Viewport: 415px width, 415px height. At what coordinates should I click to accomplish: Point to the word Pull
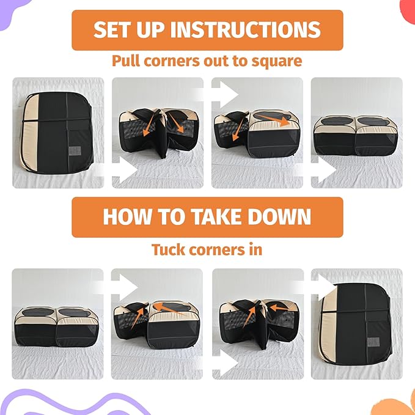[x=127, y=61]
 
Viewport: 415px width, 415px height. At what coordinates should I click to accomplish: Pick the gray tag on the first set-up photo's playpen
[x=76, y=152]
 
